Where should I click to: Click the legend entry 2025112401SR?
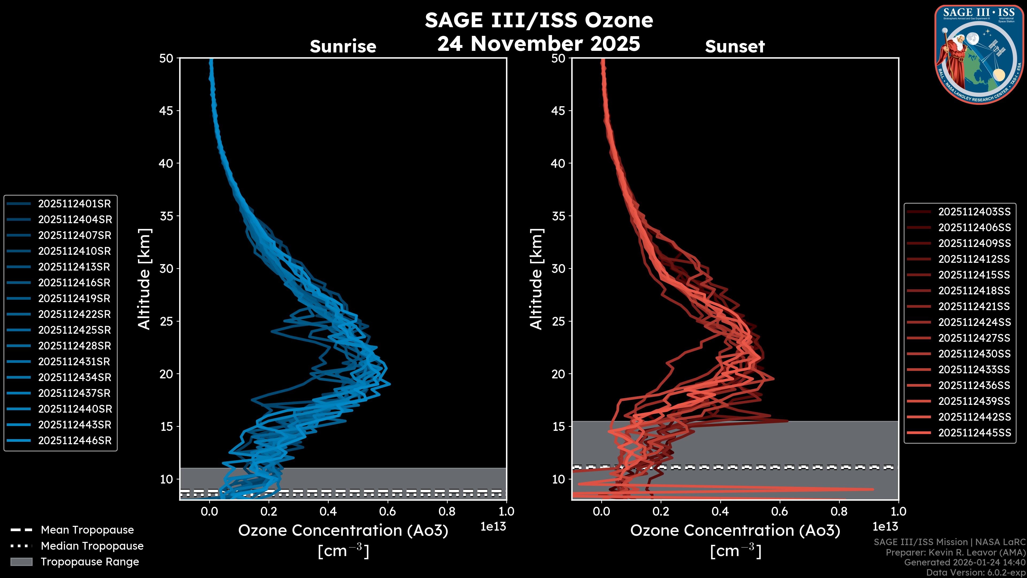74,204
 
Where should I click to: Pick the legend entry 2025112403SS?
974,212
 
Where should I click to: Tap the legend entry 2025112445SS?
974,433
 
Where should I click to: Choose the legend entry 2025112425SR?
74,330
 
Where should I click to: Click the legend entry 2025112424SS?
974,322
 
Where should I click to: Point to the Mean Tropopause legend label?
87,530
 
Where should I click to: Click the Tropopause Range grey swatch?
21,562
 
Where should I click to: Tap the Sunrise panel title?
343,47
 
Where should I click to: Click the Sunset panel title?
735,47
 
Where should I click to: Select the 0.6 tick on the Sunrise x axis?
388,511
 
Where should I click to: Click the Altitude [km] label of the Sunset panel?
536,279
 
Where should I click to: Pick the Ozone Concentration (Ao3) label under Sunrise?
343,531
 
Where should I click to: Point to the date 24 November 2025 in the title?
539,44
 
